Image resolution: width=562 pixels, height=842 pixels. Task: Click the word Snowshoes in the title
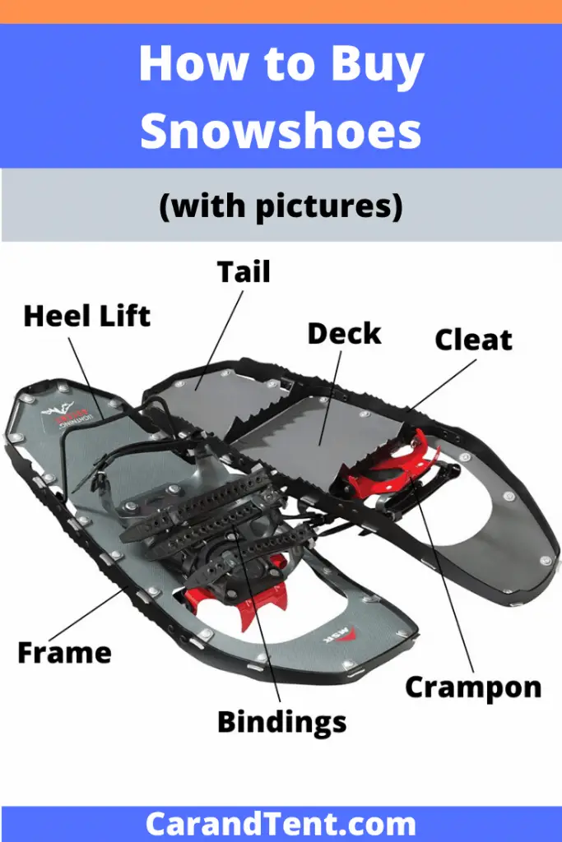(x=281, y=131)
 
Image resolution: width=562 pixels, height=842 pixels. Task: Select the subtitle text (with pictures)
(x=281, y=206)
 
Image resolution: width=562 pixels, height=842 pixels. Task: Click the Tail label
(x=243, y=272)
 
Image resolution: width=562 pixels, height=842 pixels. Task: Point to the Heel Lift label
(x=87, y=316)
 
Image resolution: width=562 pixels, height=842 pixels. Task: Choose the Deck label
(x=344, y=333)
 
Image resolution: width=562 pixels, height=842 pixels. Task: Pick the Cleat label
(x=473, y=340)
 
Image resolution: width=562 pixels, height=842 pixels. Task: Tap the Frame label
(x=64, y=652)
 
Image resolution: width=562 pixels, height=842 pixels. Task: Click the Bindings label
(x=281, y=722)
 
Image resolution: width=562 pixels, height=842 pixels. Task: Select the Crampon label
(x=473, y=687)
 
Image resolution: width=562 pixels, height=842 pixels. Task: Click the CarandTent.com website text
(x=281, y=824)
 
